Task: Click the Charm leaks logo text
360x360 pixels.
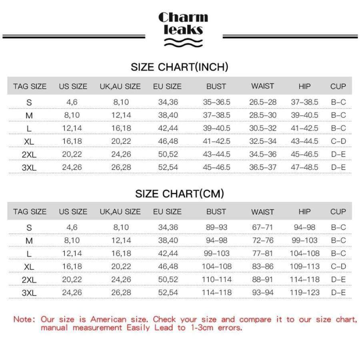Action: [183, 23]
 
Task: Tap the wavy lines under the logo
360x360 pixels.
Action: [183, 42]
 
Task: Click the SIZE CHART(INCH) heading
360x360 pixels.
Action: [179, 67]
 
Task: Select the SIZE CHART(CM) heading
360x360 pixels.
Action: [179, 194]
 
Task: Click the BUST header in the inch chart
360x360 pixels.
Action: [216, 86]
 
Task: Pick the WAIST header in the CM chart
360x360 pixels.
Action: [262, 212]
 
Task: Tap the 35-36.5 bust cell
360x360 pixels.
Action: [216, 102]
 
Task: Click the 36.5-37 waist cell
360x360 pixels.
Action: [262, 167]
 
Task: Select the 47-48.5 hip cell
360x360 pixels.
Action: [304, 167]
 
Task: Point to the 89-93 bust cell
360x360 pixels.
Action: [216, 227]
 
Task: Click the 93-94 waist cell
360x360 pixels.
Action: [262, 292]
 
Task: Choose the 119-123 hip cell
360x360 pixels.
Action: [304, 292]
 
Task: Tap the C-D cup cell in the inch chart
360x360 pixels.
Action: [338, 141]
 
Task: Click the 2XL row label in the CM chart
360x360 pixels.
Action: [29, 280]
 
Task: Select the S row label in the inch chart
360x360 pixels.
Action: [29, 102]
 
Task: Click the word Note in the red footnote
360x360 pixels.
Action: [24, 319]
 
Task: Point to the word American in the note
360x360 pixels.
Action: [108, 319]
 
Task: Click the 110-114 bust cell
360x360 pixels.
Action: [216, 279]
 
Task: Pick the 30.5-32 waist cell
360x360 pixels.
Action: [262, 128]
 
